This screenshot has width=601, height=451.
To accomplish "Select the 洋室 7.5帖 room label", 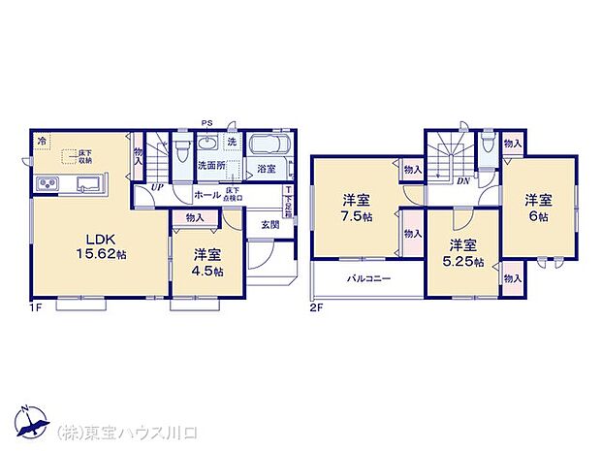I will [x=355, y=209].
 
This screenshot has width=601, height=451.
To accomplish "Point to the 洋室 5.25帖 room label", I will [x=462, y=254].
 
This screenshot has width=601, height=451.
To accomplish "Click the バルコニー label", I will [x=368, y=278].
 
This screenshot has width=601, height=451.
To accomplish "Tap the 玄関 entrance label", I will [x=269, y=225].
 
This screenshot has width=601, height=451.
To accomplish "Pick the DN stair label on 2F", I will [x=463, y=180].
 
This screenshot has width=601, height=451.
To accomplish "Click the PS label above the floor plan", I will [x=206, y=122].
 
